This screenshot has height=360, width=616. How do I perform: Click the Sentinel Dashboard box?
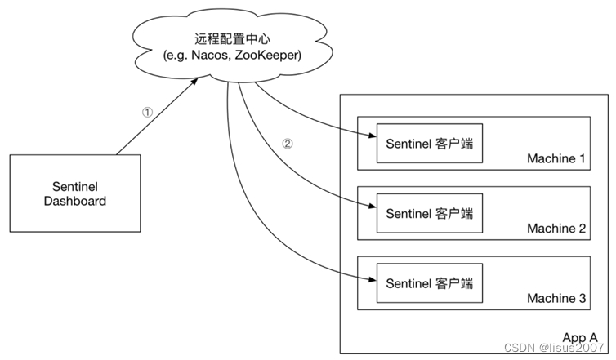point(74,193)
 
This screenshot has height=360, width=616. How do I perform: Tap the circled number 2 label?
point(287,143)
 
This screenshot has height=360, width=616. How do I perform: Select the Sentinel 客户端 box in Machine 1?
point(429,144)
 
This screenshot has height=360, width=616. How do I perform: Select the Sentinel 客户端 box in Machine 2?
point(429,214)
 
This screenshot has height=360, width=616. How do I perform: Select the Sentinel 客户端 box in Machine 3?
point(429,282)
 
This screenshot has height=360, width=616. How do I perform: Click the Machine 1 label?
point(556,159)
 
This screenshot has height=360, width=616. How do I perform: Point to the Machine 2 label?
point(556,229)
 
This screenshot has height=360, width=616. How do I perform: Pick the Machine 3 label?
point(556,299)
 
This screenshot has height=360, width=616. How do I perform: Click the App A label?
point(580,337)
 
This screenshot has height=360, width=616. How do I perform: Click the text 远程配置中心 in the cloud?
point(231,38)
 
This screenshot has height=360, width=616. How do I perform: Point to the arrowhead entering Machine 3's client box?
point(371,279)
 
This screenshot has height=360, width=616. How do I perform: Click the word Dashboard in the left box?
point(74,201)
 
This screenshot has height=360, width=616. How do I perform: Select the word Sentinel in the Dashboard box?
point(74,186)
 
